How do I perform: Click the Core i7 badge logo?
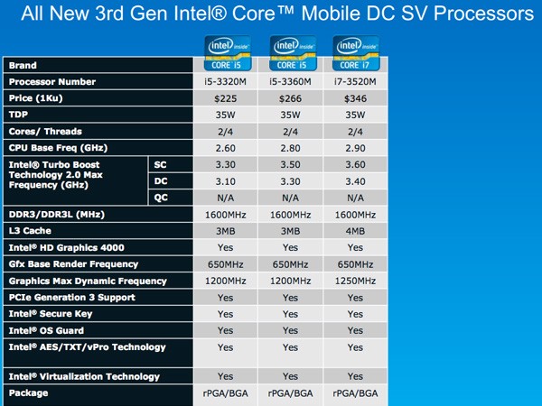coord(355,51)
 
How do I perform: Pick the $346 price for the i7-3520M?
coord(355,98)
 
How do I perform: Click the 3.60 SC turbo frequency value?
coord(355,164)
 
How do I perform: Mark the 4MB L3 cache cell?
coord(355,231)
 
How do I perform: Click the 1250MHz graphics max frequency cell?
coord(355,281)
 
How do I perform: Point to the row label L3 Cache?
coord(33,231)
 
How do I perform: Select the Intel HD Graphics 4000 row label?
coord(66,247)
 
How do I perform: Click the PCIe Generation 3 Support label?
coord(73,297)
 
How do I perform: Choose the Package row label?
coord(31,392)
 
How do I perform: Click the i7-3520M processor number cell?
coord(355,81)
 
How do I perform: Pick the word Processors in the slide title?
coord(481,14)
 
